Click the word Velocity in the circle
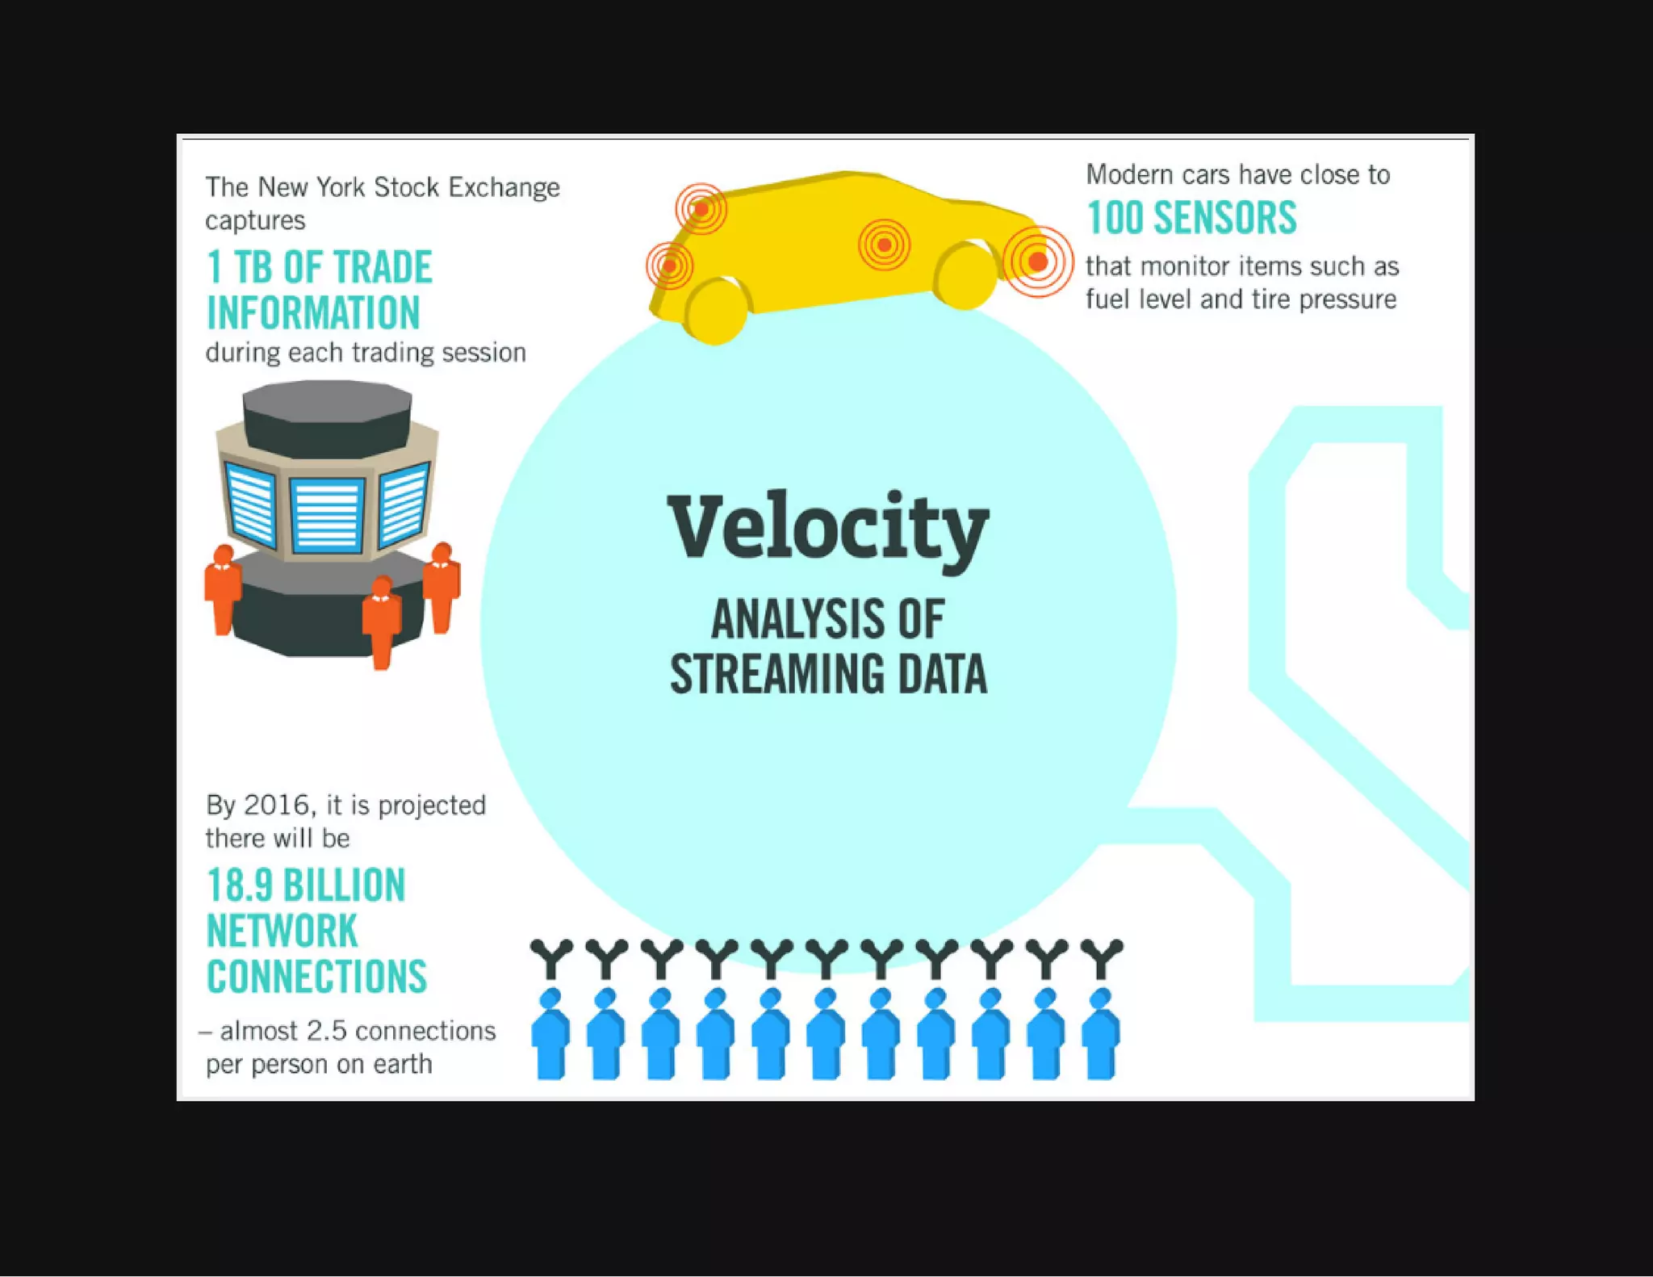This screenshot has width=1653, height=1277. click(x=828, y=528)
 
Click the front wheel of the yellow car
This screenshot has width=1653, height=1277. click(x=966, y=275)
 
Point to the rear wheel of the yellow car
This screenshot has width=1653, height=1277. click(x=717, y=311)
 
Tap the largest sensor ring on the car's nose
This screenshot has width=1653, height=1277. click(x=1038, y=262)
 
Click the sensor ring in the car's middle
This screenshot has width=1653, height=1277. click(x=885, y=245)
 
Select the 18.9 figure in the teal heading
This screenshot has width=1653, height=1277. click(x=240, y=886)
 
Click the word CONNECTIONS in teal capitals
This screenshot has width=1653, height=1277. click(x=316, y=978)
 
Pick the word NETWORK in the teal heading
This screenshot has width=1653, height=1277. click(x=282, y=932)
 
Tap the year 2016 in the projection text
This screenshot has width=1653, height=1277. click(x=276, y=806)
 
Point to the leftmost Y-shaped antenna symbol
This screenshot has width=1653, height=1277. click(x=551, y=957)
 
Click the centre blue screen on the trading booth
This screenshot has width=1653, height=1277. click(x=327, y=514)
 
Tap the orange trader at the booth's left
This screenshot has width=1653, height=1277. click(x=222, y=589)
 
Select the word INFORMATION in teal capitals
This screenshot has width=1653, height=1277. click(x=313, y=313)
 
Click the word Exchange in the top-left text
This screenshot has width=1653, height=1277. click(x=504, y=187)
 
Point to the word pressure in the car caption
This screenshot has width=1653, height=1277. click(x=1347, y=299)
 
